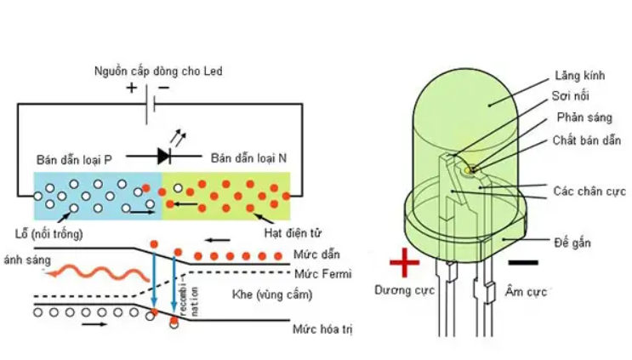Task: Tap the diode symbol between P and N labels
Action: tap(166, 156)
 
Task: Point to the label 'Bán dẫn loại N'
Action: tap(249, 158)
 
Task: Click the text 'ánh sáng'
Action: tap(27, 259)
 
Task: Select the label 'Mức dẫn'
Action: tap(310, 255)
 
